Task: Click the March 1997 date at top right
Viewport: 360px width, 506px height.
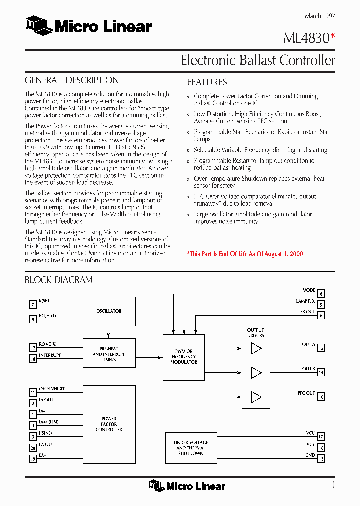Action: pyautogui.click(x=320, y=16)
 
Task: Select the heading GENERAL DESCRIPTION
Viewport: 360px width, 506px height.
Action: pyautogui.click(x=72, y=80)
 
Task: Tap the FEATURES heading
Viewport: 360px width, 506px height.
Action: pyautogui.click(x=207, y=82)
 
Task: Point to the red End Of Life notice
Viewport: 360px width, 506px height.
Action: pyautogui.click(x=245, y=254)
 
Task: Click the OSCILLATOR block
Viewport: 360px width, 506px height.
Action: pyautogui.click(x=109, y=311)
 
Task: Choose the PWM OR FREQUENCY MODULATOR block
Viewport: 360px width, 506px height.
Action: pyautogui.click(x=184, y=357)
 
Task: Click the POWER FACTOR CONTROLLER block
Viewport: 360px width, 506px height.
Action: pyautogui.click(x=109, y=424)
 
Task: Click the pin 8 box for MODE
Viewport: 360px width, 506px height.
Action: pyautogui.click(x=321, y=294)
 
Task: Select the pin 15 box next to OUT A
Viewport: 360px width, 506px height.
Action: pyautogui.click(x=321, y=348)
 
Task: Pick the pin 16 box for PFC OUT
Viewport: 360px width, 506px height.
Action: pyautogui.click(x=321, y=397)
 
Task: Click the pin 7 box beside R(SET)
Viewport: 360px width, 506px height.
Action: pyautogui.click(x=33, y=304)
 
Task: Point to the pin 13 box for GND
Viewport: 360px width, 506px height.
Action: pyautogui.click(x=321, y=459)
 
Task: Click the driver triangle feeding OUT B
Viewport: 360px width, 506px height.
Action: pyautogui.click(x=256, y=373)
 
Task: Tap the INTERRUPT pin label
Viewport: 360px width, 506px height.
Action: pyautogui.click(x=50, y=355)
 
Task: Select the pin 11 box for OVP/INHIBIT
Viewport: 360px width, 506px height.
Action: pyautogui.click(x=33, y=392)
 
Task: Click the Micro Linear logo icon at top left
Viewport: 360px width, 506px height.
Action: pyautogui.click(x=39, y=25)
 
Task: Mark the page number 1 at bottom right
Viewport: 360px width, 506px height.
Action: pyautogui.click(x=332, y=485)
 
